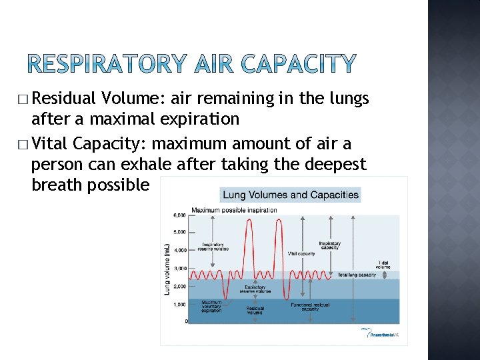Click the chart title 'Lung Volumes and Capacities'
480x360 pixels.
pos(290,195)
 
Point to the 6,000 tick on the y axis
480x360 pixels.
pos(179,215)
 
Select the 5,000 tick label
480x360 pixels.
pos(179,232)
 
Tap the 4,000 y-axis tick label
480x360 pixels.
pos(179,250)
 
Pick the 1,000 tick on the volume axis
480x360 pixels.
pos(179,304)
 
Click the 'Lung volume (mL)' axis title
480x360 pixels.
pos(167,269)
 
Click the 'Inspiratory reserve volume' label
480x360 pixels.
pos(213,247)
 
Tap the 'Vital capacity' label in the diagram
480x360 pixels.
pos(301,253)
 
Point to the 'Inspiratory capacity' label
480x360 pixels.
pos(330,245)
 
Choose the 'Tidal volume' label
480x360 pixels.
pos(385,264)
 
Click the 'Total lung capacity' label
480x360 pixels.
pos(357,275)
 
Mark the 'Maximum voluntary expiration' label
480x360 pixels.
pos(212,306)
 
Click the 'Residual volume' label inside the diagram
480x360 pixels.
pos(255,310)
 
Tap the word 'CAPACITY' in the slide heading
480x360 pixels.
pos(299,65)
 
